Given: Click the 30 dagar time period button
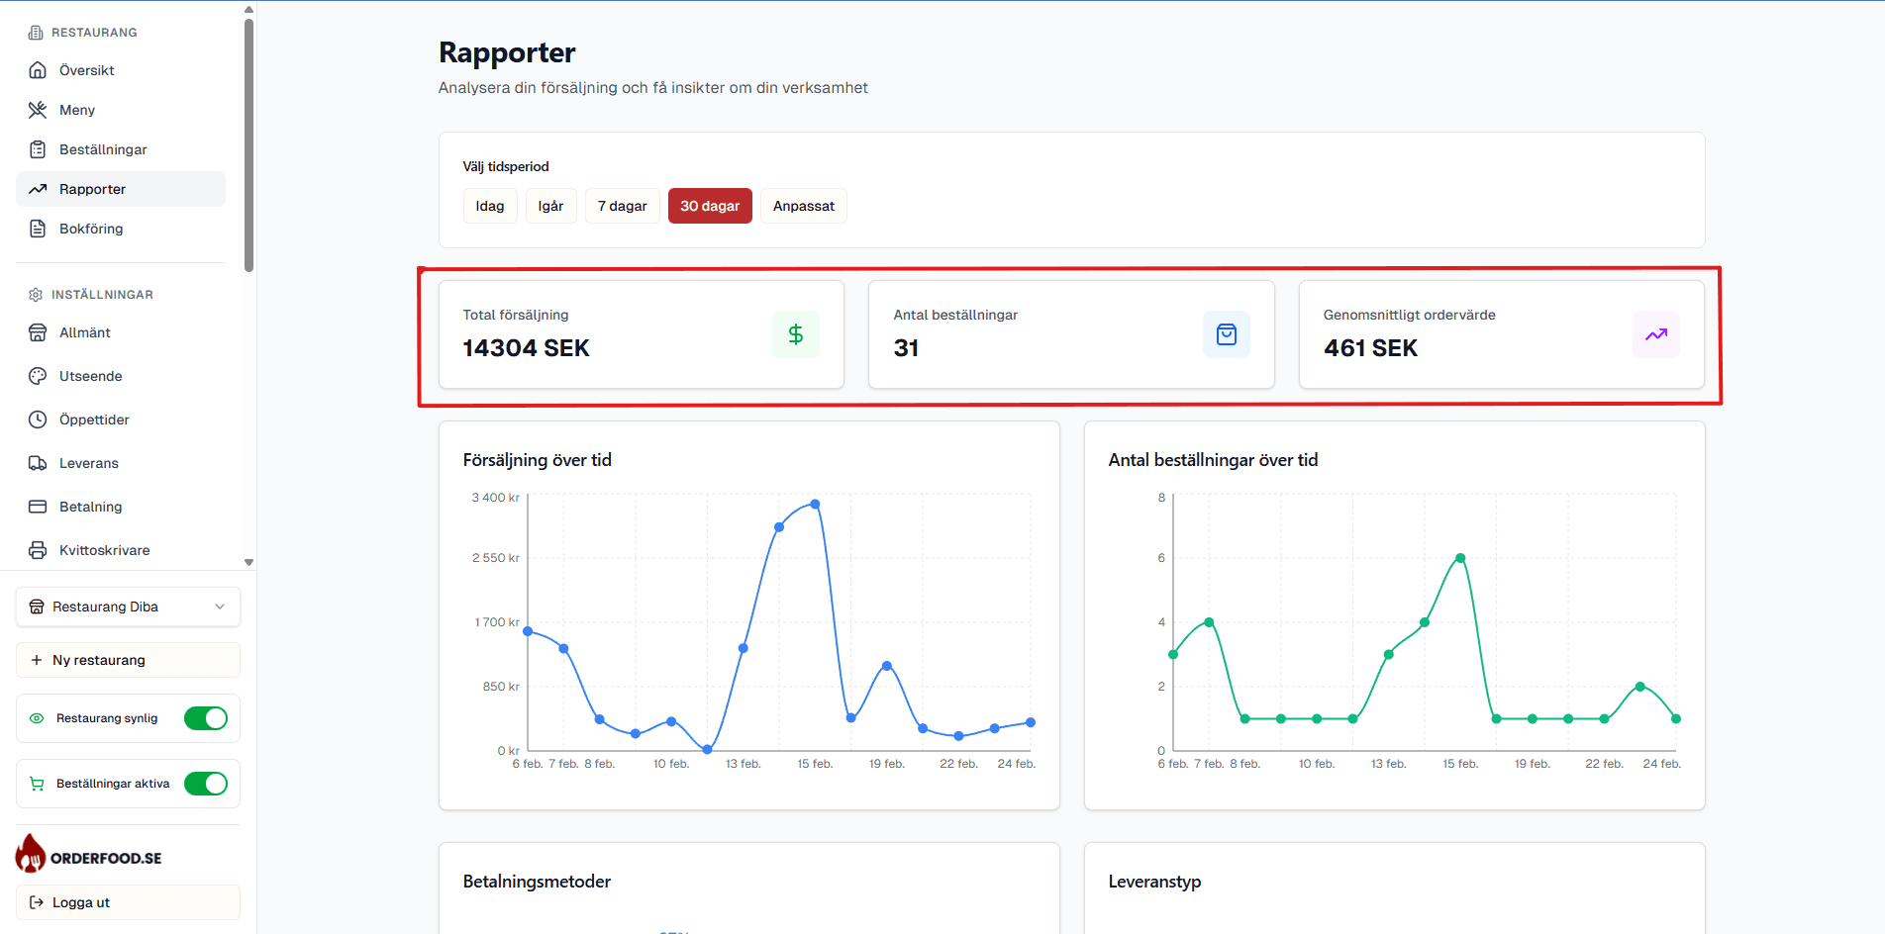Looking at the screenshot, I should [x=710, y=206].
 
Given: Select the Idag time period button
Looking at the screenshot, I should [x=490, y=206].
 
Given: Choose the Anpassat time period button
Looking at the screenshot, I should [x=803, y=206].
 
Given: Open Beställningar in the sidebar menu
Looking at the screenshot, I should [x=103, y=149].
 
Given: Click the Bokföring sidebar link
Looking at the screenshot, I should [x=91, y=229].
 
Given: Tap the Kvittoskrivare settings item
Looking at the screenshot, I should [x=104, y=550].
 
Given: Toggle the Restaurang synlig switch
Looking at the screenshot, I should [x=206, y=718].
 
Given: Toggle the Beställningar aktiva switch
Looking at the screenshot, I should [x=206, y=784].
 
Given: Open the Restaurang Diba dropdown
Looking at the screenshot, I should [x=128, y=607].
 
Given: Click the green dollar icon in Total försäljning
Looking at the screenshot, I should [x=795, y=334].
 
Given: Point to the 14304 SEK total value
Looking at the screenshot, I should [x=526, y=348].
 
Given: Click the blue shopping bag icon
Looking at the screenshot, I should [x=1226, y=334].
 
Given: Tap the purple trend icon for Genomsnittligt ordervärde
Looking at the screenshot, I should [x=1655, y=334].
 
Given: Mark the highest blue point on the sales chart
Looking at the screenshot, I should [x=815, y=505].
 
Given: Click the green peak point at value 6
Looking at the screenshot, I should [x=1460, y=558].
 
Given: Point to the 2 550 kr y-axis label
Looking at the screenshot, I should [x=495, y=558].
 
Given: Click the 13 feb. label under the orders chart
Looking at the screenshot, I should [x=1388, y=764].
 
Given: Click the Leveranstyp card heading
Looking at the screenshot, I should [x=1154, y=882].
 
